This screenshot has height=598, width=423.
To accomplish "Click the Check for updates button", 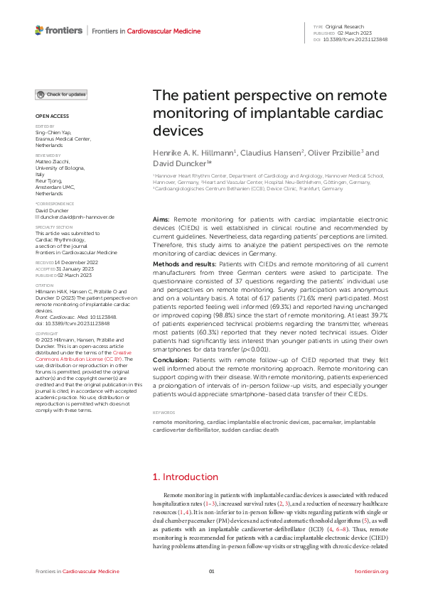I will pos(62,94).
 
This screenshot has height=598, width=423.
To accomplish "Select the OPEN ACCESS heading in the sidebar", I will pos(52,115).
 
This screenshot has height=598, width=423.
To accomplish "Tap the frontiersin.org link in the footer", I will pos(370,571).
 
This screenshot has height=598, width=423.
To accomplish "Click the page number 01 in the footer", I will pos(211,571).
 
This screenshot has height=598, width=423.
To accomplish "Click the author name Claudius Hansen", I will pos(265,153).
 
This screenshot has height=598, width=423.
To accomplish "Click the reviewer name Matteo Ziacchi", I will pos(54,161).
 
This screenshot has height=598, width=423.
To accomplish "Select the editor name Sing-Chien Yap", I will pos(55,133).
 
